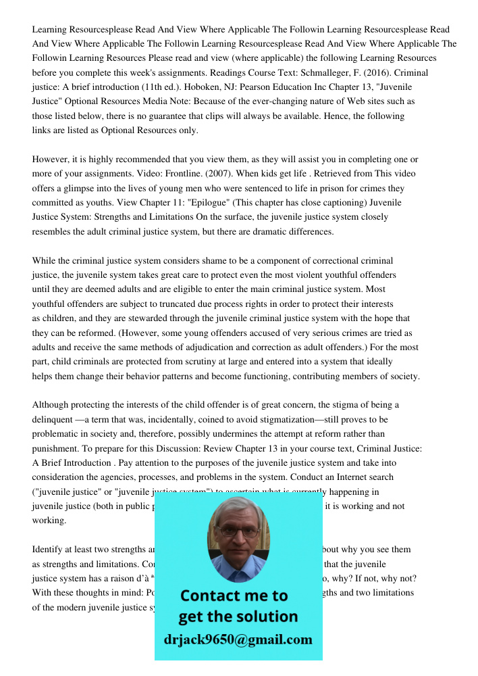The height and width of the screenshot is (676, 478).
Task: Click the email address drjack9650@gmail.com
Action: click(x=238, y=639)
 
